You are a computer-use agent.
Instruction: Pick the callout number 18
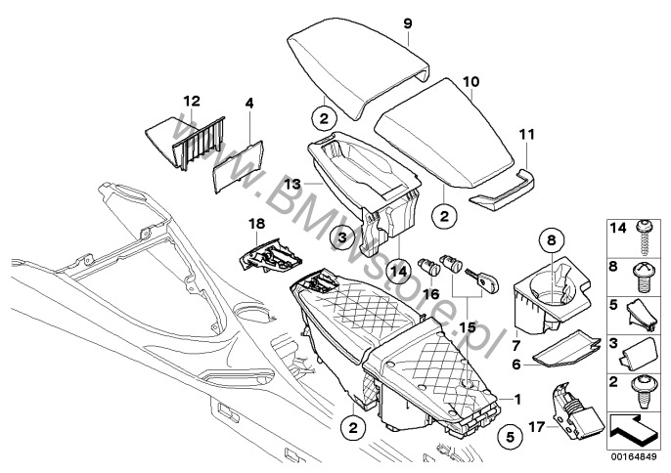pos(257,224)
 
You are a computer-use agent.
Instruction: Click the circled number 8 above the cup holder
pos(550,237)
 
